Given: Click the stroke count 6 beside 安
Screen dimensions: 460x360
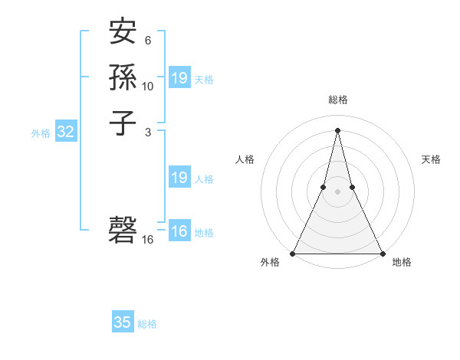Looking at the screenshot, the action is point(148,40).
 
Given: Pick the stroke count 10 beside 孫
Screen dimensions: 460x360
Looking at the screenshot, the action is point(148,86).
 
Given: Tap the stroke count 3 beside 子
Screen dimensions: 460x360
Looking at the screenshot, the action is point(148,132).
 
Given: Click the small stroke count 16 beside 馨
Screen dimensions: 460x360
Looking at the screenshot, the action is point(148,240).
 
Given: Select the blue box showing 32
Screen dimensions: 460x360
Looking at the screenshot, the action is point(66,132).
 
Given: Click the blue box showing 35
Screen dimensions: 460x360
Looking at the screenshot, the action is point(123,322).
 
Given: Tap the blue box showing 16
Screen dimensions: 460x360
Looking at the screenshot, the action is point(179,231).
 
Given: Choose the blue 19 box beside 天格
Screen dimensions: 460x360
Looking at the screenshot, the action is point(179,78).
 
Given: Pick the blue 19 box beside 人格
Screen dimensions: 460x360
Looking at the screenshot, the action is point(179,178).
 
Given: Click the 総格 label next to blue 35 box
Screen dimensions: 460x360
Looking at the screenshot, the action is point(147,324).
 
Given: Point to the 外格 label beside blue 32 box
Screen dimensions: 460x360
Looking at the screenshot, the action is point(41,133).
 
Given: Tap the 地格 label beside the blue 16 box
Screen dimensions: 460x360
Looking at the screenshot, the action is point(204,233).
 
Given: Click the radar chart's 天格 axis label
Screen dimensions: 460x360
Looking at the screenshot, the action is point(432,159).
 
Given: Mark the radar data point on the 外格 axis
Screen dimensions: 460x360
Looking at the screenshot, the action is point(293,254).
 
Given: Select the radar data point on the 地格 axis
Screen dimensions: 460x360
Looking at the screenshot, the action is point(382,254).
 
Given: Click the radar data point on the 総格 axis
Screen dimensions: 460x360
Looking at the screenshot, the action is point(337,129).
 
